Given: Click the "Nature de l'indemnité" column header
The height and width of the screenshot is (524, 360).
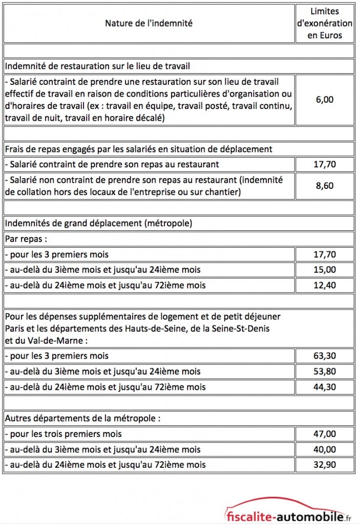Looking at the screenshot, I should pyautogui.click(x=149, y=23).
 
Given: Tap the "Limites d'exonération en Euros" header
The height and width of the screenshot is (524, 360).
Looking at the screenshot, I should pyautogui.click(x=325, y=23).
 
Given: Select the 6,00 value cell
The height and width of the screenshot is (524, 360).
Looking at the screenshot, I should pyautogui.click(x=325, y=99).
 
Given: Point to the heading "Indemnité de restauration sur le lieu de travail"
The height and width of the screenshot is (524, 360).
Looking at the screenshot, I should pyautogui.click(x=98, y=66).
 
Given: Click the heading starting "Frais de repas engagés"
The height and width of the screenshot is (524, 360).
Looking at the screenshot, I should pyautogui.click(x=138, y=149).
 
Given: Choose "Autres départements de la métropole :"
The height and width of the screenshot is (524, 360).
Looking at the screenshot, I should pyautogui.click(x=82, y=418).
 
